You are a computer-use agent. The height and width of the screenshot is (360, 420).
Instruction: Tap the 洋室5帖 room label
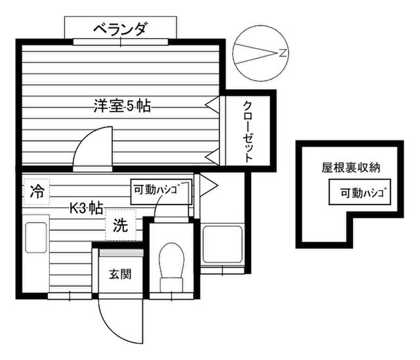point(121,105)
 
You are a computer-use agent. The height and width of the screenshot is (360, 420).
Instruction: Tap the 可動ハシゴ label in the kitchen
point(161,190)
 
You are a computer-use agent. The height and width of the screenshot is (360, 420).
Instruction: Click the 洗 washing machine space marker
point(120,226)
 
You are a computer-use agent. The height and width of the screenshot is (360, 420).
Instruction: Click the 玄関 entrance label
point(120,273)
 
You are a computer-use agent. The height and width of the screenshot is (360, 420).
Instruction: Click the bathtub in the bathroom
point(223,246)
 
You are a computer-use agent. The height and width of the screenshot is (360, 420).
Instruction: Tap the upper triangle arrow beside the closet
point(212,103)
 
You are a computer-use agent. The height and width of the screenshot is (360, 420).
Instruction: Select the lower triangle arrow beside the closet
point(212,156)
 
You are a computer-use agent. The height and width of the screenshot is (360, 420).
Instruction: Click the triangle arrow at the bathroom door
point(207,186)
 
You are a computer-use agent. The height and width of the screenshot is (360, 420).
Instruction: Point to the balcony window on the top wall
point(120,42)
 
